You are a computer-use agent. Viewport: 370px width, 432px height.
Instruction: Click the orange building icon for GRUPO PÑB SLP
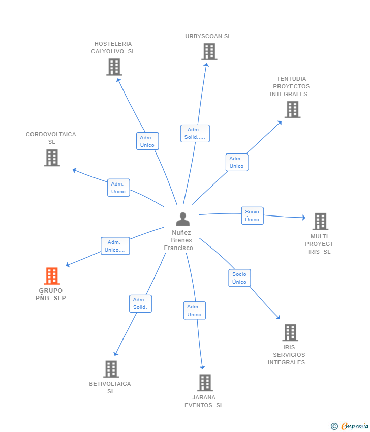click(x=52, y=276)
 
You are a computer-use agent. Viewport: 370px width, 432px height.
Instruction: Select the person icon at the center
click(x=182, y=219)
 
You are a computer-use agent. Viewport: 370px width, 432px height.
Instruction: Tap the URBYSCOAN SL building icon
click(x=209, y=51)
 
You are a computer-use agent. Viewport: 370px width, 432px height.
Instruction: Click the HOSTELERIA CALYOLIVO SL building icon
click(x=114, y=67)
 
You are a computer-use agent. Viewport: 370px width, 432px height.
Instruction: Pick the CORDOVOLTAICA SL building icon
click(x=52, y=158)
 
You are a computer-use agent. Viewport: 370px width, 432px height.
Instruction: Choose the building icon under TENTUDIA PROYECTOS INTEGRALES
click(x=292, y=109)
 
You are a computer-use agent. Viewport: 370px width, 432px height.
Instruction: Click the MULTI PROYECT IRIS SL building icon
click(x=320, y=221)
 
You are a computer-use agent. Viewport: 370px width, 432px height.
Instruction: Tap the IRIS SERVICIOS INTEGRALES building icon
click(x=290, y=332)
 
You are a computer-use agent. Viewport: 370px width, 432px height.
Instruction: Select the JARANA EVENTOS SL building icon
click(x=205, y=382)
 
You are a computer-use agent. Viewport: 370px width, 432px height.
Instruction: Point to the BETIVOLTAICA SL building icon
click(x=111, y=369)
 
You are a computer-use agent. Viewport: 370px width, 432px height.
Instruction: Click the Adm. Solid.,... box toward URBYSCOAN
click(x=195, y=133)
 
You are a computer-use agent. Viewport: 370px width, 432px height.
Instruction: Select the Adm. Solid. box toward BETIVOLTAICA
click(x=140, y=303)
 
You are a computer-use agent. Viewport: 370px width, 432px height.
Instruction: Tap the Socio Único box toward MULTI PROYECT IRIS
click(x=253, y=215)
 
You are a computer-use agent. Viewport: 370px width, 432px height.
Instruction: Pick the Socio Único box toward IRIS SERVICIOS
click(x=240, y=278)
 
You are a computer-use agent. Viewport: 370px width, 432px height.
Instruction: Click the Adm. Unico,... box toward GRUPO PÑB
click(x=115, y=246)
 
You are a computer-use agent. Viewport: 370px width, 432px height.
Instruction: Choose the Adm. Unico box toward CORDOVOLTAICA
click(x=118, y=188)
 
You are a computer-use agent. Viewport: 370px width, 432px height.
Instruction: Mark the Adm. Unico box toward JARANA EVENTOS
click(x=195, y=311)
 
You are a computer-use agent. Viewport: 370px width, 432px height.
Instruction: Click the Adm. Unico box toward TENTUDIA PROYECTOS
click(x=237, y=162)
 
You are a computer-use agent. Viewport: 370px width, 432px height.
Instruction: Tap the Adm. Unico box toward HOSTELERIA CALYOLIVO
click(x=147, y=141)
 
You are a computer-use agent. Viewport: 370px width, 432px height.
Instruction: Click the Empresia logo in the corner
click(x=349, y=426)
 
